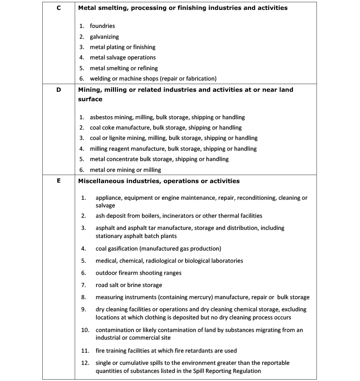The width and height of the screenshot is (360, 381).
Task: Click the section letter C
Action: [x=58, y=8]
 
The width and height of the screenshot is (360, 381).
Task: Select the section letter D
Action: [x=58, y=90]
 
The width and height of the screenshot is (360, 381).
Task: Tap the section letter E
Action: [x=58, y=181]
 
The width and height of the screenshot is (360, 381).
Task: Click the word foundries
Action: [x=102, y=26]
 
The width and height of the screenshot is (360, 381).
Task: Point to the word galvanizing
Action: [x=104, y=37]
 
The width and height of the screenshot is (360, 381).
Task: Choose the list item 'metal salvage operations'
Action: [x=122, y=58]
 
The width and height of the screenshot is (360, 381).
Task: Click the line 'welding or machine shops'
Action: [x=153, y=79]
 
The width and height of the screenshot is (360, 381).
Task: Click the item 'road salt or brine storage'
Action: [x=129, y=285]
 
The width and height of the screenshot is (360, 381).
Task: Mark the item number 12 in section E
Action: [x=85, y=363]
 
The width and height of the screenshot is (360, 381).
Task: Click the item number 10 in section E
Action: [x=85, y=330]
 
